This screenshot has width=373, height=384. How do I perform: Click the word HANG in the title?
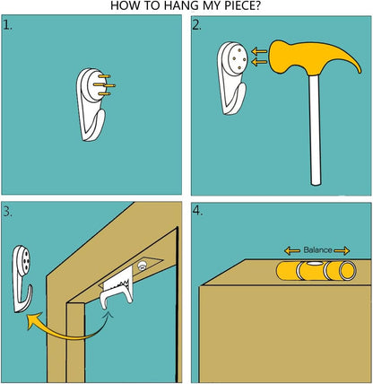click(177, 5)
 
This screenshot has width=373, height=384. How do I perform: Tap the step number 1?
click(8, 25)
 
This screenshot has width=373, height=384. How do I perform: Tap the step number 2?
click(196, 26)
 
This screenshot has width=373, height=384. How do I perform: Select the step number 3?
click(8, 212)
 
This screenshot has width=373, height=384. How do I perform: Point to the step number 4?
click(197, 211)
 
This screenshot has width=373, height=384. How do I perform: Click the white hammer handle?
click(315, 129)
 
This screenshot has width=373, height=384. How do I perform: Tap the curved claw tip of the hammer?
click(360, 71)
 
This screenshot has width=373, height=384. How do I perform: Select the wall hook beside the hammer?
click(232, 78)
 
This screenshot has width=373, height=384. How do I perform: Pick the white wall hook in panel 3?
click(22, 279)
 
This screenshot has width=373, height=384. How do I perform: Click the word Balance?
click(317, 249)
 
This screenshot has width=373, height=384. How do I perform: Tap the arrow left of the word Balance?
click(292, 250)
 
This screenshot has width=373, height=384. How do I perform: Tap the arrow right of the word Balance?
click(342, 250)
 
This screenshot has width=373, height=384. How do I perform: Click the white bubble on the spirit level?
click(313, 264)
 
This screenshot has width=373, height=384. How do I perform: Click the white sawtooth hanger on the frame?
click(117, 289)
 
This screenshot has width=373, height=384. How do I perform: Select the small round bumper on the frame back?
click(142, 266)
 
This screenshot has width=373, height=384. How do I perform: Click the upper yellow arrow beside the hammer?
click(259, 51)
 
